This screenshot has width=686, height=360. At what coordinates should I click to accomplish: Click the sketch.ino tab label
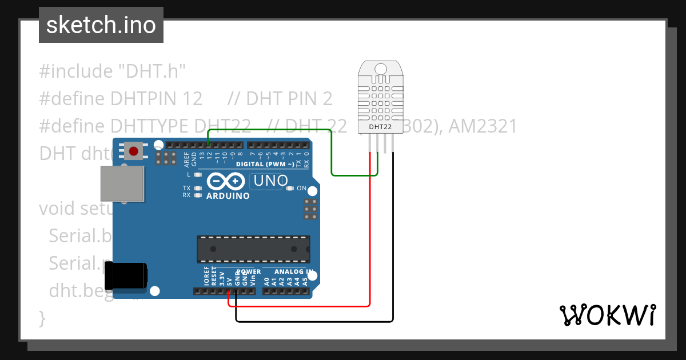pos(101,25)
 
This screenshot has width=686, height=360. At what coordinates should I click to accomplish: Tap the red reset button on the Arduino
pos(133,151)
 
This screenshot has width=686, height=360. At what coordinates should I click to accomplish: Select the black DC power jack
pos(129,275)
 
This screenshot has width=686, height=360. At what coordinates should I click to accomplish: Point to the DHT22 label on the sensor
pos(380,127)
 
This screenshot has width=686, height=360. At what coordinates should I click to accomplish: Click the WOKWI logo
pos(607,315)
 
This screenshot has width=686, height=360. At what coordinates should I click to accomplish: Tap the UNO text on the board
pos(270,181)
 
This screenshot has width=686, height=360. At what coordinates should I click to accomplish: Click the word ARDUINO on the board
pos(228,196)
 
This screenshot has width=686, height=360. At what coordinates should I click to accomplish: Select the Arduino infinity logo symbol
pos(227,182)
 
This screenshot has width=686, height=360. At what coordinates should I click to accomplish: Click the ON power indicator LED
pos(290,188)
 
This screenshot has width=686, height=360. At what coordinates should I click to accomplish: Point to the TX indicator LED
pos(198,188)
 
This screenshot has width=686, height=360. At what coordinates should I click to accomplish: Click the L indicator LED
pos(198,174)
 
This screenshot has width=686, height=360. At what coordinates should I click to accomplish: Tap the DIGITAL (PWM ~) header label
pos(265,164)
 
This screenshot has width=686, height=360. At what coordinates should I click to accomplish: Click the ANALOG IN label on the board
pos(293,271)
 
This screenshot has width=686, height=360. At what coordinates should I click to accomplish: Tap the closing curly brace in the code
pos(42,318)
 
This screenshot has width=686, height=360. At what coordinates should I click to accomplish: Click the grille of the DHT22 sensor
pos(380,100)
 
